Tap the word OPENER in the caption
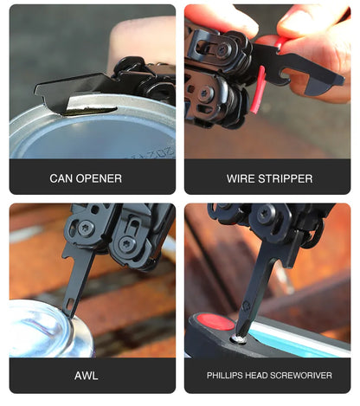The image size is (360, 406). click(99, 178)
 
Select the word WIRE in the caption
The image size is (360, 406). click(241, 178)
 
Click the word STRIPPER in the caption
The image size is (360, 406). click(286, 178)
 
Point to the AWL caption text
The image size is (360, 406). click(87, 376)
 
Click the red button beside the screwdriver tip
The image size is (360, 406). click(215, 322)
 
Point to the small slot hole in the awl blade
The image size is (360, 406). click(69, 303)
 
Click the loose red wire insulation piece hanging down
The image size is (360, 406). click(258, 90)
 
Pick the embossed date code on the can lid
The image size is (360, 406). click(154, 153)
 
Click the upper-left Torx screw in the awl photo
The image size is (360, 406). click(85, 228)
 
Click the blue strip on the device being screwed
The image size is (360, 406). click(297, 338)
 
